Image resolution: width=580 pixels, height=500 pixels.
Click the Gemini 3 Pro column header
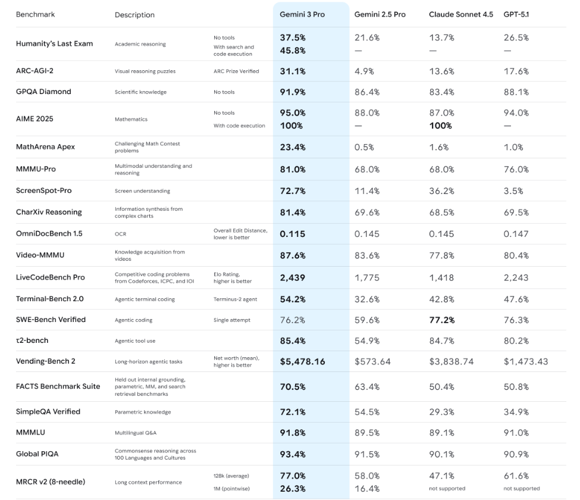302,14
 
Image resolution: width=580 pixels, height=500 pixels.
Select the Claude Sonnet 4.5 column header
460,14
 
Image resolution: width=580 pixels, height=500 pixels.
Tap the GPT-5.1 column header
516,14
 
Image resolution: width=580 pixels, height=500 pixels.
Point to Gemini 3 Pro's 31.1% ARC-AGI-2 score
293,71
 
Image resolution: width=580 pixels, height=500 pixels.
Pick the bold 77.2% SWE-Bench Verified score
441,320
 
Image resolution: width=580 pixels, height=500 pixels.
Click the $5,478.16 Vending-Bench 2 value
302,361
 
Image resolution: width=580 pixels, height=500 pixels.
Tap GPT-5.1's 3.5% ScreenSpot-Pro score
513,190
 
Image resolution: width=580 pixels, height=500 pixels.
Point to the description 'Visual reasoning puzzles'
145,71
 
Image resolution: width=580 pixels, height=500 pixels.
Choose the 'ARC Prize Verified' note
236,71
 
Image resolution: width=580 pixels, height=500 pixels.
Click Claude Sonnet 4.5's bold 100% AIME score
440,126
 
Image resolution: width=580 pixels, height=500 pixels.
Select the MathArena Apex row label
45,147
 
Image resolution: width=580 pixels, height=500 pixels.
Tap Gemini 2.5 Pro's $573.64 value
372,361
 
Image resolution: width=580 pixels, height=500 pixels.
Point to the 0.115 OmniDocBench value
292,233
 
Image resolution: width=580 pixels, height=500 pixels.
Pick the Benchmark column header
35,14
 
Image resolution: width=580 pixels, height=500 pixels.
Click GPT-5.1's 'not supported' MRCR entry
522,489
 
